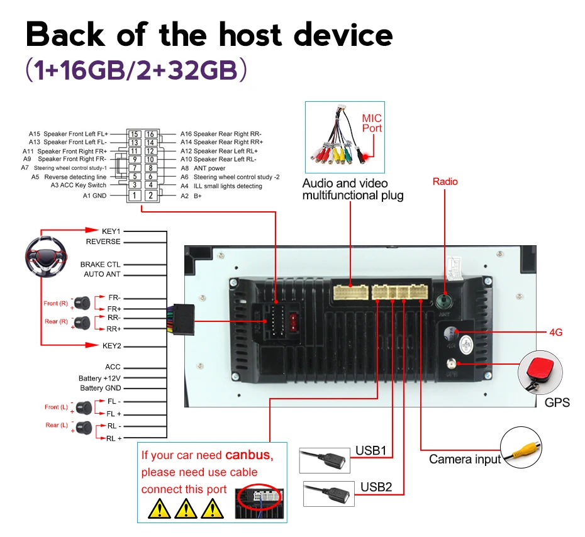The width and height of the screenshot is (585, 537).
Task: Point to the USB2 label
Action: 376,487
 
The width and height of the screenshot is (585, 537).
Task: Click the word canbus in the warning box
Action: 247,455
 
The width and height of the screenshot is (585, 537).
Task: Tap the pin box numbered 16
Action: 150,134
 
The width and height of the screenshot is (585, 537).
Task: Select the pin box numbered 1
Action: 134,196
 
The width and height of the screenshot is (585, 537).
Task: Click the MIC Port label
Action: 372,123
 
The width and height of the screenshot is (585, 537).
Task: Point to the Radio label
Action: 445,182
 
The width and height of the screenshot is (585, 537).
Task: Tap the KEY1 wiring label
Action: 111,231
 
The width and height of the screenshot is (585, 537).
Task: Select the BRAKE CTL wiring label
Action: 100,265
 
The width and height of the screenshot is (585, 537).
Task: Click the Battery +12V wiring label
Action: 99,379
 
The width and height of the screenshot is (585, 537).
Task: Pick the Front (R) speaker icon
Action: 82,304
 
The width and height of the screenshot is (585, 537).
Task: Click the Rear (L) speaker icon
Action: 82,428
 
